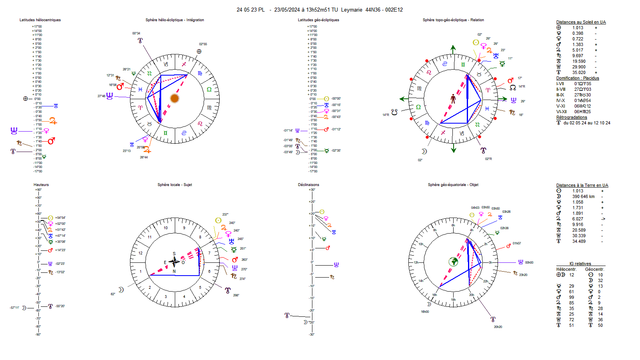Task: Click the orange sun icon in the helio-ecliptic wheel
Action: [174, 98]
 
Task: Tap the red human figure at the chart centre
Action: [453, 99]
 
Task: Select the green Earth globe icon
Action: [453, 262]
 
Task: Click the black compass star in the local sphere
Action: [174, 262]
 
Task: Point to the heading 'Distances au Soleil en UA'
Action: [581, 22]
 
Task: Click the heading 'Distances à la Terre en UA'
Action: [582, 186]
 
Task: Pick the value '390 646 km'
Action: [583, 196]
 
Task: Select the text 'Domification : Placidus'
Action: [577, 78]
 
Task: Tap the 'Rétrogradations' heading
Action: [572, 118]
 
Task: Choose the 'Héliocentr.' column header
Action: [566, 270]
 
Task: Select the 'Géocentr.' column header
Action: [594, 270]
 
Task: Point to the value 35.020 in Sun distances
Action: [579, 73]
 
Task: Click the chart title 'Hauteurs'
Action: [41, 185]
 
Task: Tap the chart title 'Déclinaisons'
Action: [308, 185]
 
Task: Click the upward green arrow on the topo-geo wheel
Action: [453, 49]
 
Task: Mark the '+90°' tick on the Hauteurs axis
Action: [38, 190]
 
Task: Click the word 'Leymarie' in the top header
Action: [352, 10]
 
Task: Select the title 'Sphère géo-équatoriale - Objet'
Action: [453, 185]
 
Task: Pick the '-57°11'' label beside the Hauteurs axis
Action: [14, 308]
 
